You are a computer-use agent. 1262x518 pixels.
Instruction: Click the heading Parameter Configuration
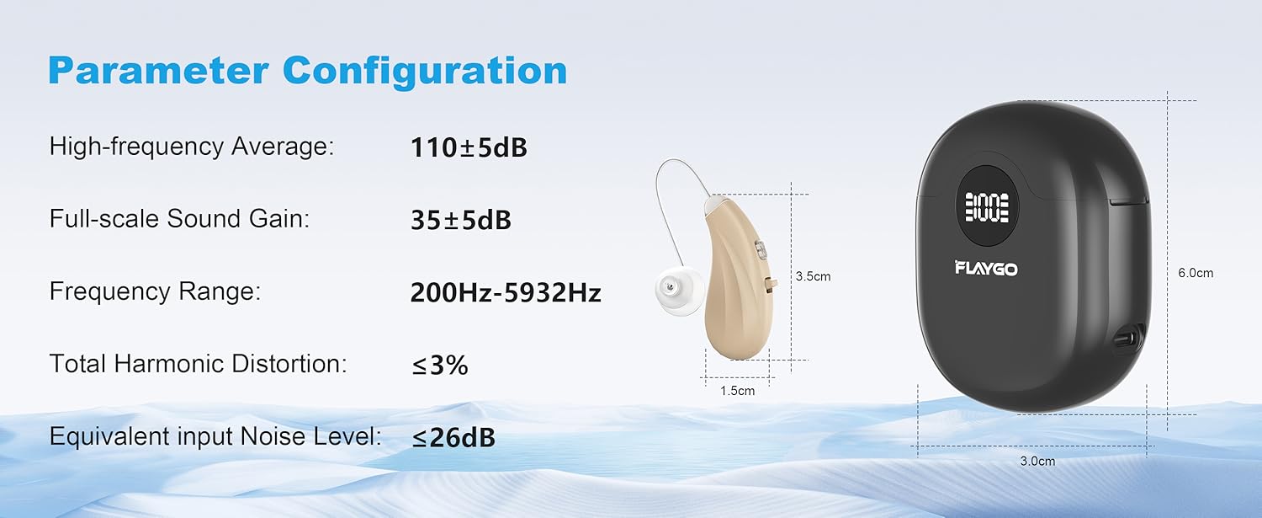tap(307, 71)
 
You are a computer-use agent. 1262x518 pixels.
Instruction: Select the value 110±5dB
tap(469, 147)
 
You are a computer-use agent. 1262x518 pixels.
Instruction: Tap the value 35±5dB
tap(460, 220)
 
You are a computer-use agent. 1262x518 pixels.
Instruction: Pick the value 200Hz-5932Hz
tap(506, 292)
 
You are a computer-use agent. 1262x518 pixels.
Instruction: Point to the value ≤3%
tap(439, 365)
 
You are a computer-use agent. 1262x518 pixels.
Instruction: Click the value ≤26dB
tap(453, 437)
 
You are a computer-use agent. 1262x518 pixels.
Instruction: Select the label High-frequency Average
tap(192, 147)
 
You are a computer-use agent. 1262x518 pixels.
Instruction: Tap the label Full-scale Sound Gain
tap(180, 219)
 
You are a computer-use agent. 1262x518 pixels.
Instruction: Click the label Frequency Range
tap(155, 292)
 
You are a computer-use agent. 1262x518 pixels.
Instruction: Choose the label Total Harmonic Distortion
tap(199, 364)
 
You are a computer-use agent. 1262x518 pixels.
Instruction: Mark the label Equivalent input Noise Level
tap(215, 436)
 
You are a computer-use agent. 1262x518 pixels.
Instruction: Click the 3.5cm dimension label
tap(813, 276)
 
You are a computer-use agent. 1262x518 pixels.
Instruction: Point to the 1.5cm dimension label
tap(737, 391)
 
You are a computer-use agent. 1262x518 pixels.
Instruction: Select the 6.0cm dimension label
tap(1196, 273)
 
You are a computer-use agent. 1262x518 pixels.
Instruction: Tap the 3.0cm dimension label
tap(1037, 461)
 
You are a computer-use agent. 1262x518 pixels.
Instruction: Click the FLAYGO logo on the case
tap(986, 269)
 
